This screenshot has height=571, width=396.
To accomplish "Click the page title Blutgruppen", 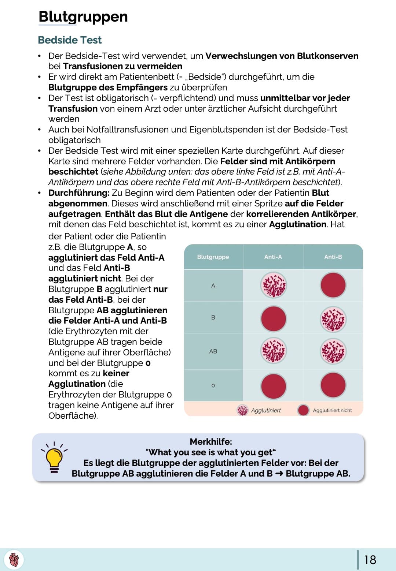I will (83, 17).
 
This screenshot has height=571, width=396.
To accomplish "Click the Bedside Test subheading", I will (70, 40).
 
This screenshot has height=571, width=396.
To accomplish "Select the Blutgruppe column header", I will (213, 257).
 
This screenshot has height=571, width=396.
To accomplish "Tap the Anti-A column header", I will (273, 257).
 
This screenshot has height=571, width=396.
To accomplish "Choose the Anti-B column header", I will (333, 257).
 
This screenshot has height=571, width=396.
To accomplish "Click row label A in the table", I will (213, 285).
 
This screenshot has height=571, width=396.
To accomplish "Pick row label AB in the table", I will (213, 351).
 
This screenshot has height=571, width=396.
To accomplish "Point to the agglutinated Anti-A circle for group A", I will (274, 285).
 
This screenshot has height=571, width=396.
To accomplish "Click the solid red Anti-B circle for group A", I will (333, 285).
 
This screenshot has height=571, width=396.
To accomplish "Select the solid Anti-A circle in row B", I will (274, 319).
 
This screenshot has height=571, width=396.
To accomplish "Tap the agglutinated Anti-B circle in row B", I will (333, 319).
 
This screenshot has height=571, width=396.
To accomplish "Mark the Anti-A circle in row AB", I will (274, 351).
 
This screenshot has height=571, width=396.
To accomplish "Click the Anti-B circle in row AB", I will (333, 351).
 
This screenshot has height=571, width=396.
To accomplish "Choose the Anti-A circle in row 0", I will (274, 385).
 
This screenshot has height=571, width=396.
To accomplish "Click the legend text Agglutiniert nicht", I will (332, 411).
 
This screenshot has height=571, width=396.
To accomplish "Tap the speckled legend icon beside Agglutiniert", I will (242, 410).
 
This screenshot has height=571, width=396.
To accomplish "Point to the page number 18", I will (370, 560).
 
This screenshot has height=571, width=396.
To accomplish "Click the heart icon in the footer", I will (14, 560).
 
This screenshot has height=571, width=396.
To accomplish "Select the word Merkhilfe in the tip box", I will (211, 442).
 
